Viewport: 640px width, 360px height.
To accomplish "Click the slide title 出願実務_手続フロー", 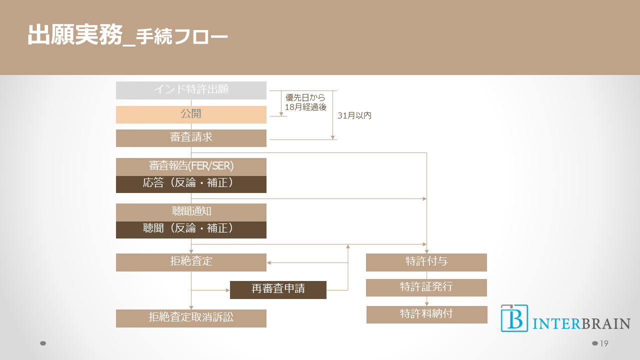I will (127, 35).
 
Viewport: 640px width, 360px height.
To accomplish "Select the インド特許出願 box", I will (191, 90).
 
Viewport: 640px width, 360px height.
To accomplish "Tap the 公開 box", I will (191, 114).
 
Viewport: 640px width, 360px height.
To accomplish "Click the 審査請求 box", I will (191, 138).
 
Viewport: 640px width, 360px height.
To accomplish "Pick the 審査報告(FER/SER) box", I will (191, 166).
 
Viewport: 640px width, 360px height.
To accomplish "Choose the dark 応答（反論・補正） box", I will (191, 184).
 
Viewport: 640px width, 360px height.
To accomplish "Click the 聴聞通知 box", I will (191, 212).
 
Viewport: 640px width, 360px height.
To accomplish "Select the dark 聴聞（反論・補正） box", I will (191, 229).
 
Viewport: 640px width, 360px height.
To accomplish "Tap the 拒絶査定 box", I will (191, 262).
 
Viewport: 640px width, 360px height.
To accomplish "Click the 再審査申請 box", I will (278, 289).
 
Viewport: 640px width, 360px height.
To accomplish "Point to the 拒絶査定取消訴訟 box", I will (191, 318).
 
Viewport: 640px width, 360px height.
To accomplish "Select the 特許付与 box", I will (426, 262).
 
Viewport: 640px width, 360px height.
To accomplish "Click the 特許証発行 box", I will (426, 287).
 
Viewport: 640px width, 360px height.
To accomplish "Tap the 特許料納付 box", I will (426, 314).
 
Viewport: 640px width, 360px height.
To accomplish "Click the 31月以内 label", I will (354, 115).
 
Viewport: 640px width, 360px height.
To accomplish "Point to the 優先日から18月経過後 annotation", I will (305, 102).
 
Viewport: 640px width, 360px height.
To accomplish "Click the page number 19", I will (603, 343).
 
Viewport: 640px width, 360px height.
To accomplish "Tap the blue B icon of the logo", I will (514, 318).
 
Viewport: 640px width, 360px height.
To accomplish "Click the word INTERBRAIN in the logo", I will (581, 323).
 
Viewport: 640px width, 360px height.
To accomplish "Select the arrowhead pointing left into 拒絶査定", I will (269, 262).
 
